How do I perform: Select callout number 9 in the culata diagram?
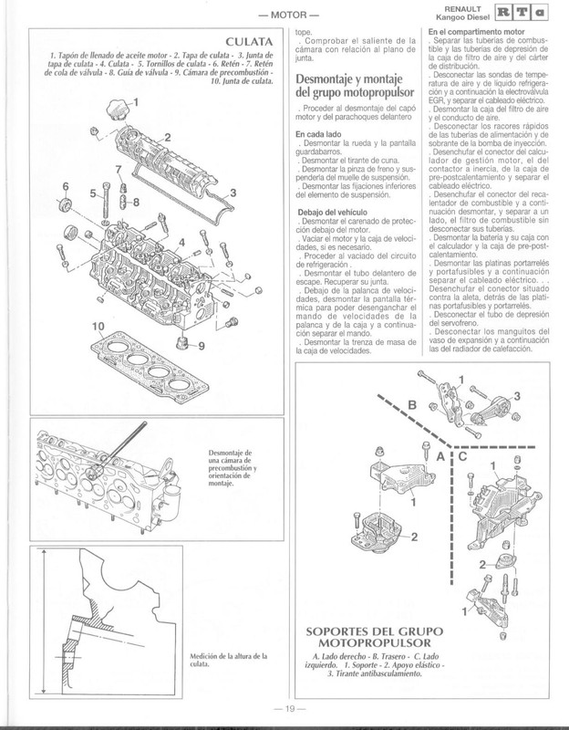[202, 347]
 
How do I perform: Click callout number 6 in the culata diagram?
[65, 188]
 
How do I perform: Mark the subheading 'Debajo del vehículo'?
[331, 212]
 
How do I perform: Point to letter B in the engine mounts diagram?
[411, 405]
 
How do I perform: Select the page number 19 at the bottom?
[284, 711]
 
